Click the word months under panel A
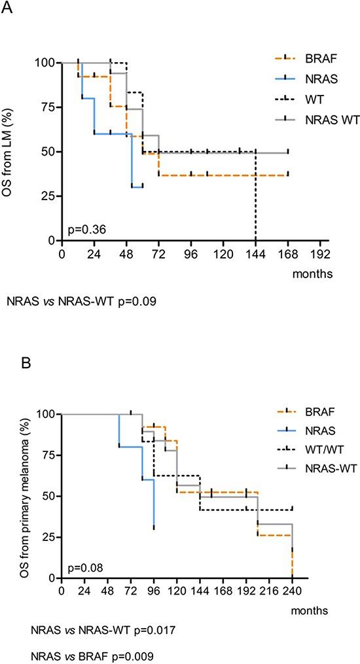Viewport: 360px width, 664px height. [x=313, y=273]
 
